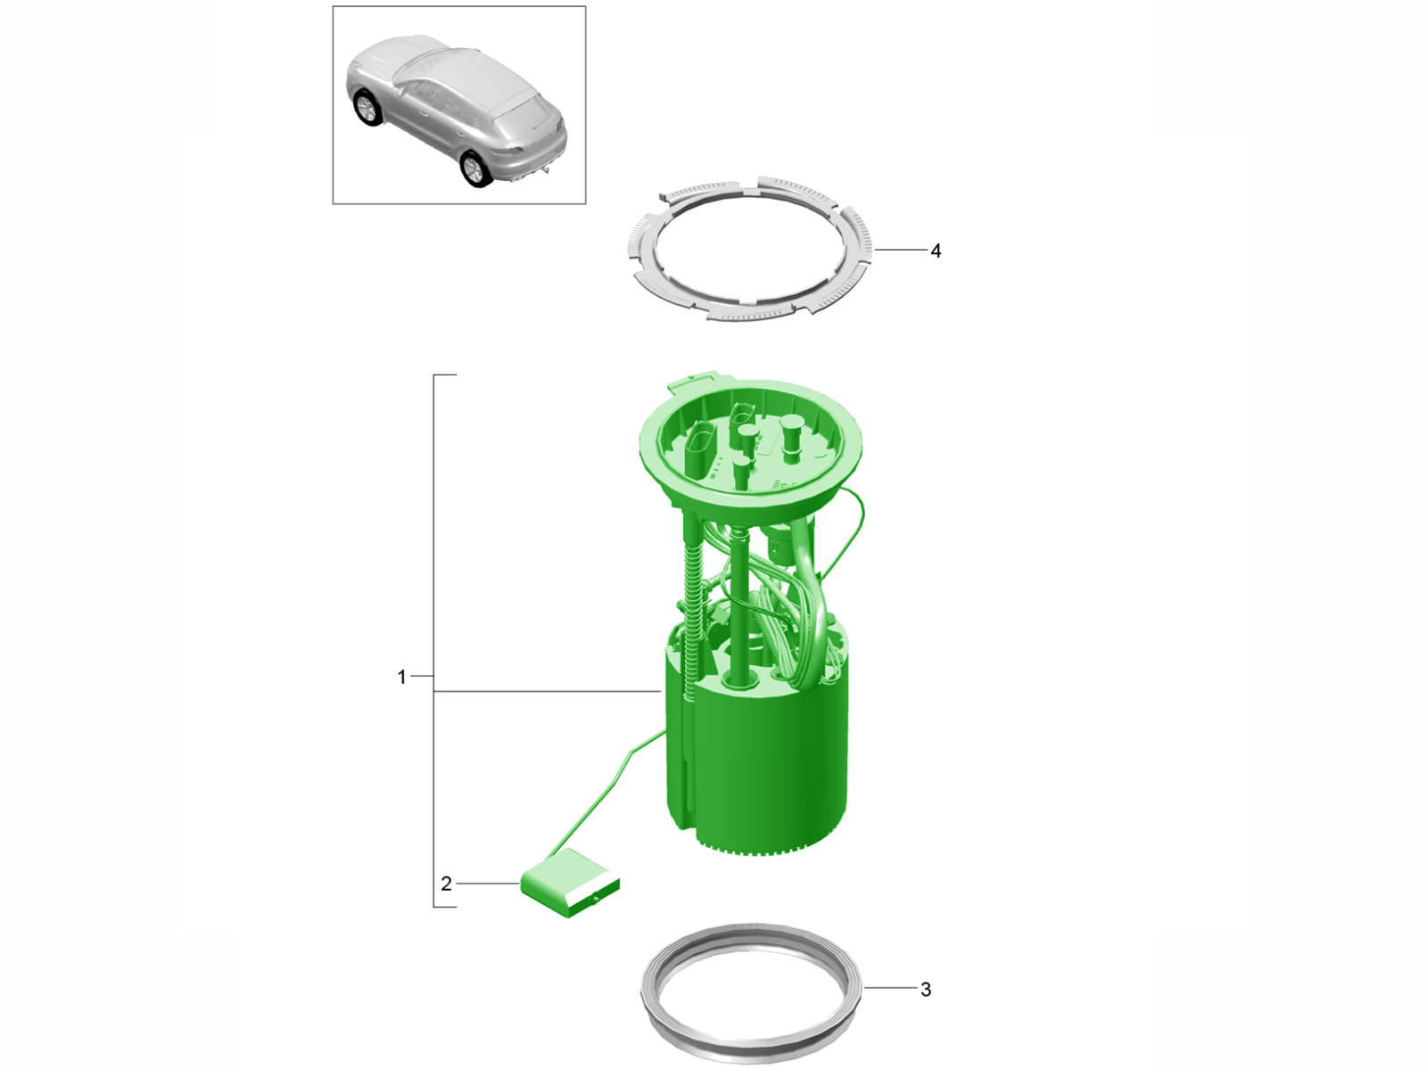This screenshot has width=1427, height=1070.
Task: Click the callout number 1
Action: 401,677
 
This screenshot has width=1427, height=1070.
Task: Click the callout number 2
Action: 446,884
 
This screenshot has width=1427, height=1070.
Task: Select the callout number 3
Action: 926,990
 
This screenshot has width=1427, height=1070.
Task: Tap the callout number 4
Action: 936,251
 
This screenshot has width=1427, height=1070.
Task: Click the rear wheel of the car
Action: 475,169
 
